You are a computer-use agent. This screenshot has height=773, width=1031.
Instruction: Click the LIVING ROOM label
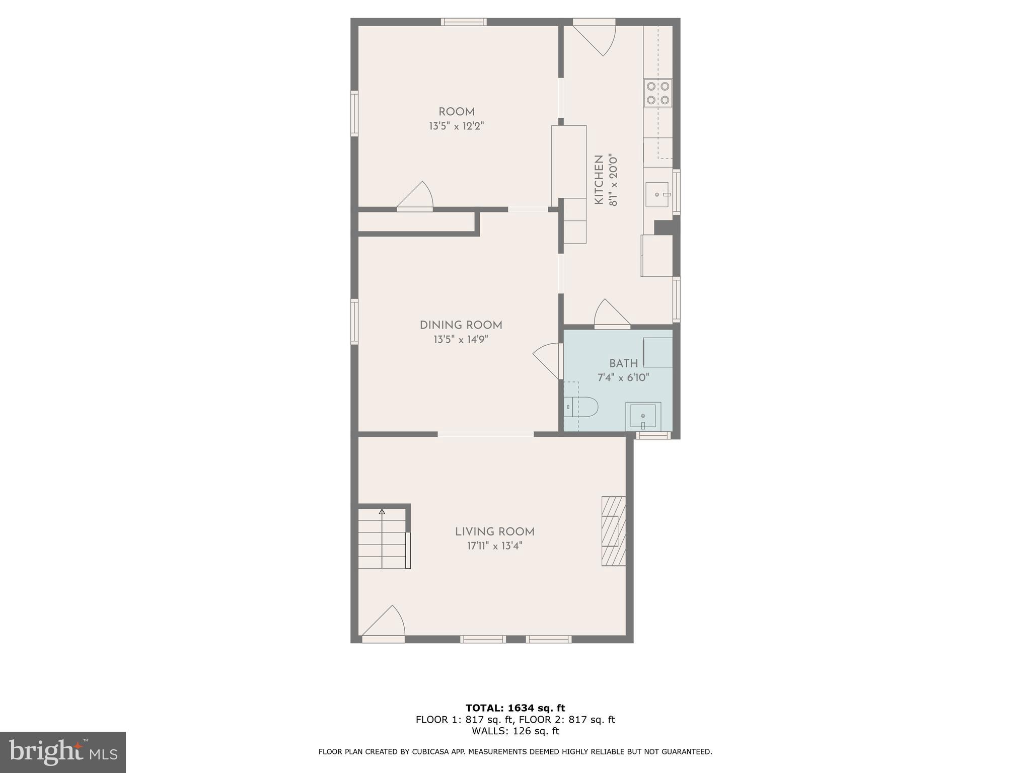494,531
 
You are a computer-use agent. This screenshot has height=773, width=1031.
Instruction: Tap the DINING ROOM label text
461,325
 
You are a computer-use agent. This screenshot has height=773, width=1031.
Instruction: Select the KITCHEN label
599,180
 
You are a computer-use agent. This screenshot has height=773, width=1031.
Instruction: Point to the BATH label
623,363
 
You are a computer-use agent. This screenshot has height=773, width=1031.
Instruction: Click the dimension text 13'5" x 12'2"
456,126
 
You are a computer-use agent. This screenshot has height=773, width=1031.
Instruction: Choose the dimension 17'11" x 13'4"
494,546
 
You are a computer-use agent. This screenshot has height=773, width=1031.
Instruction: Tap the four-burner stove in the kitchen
657,93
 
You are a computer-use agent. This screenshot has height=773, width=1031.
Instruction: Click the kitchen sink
657,194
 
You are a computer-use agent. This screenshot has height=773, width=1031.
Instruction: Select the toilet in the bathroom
581,407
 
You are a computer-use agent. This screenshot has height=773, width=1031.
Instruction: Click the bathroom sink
643,416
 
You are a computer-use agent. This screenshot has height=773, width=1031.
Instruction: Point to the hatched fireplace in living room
613,531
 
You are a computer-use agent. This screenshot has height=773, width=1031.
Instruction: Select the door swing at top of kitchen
597,38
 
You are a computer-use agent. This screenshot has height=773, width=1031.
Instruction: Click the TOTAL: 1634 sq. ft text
515,708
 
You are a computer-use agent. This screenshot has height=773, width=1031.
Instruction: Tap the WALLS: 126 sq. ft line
515,731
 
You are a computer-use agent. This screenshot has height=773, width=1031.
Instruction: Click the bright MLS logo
62,752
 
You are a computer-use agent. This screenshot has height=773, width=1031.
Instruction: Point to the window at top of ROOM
464,22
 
